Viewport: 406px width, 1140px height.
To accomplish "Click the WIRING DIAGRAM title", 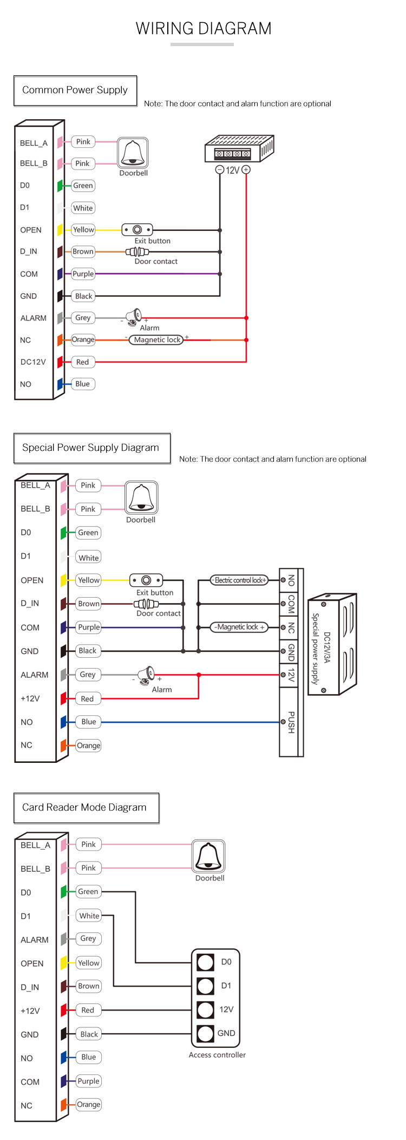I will (x=204, y=28).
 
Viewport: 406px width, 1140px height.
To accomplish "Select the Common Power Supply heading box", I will (x=75, y=90).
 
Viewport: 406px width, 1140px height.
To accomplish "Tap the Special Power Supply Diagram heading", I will (x=91, y=448).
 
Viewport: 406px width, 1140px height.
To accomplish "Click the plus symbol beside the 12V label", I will (x=246, y=170).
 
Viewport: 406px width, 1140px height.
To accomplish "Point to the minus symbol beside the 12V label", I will (x=220, y=170).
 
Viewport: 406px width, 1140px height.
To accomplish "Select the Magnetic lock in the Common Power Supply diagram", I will (x=156, y=340).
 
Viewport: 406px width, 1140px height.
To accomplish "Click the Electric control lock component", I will (x=239, y=580).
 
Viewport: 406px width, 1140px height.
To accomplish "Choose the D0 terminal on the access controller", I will (x=206, y=962).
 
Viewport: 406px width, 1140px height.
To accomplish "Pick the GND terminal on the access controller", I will (x=206, y=1033).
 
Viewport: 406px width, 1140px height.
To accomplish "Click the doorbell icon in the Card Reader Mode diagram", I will (x=209, y=857).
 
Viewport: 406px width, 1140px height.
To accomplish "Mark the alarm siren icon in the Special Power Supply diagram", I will (x=147, y=675).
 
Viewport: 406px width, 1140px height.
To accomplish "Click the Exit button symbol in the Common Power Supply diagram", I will (x=137, y=230).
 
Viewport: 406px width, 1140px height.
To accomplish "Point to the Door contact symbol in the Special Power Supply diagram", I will (x=146, y=604).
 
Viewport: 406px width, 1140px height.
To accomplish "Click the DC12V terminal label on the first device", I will (x=33, y=362).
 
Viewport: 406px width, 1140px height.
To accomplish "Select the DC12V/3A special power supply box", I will (x=332, y=645).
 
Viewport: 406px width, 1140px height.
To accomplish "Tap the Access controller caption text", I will (x=217, y=1055).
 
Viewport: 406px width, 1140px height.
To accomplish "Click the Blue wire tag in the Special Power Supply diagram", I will (x=89, y=722).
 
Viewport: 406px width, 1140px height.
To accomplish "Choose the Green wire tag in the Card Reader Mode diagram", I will (x=88, y=891).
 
